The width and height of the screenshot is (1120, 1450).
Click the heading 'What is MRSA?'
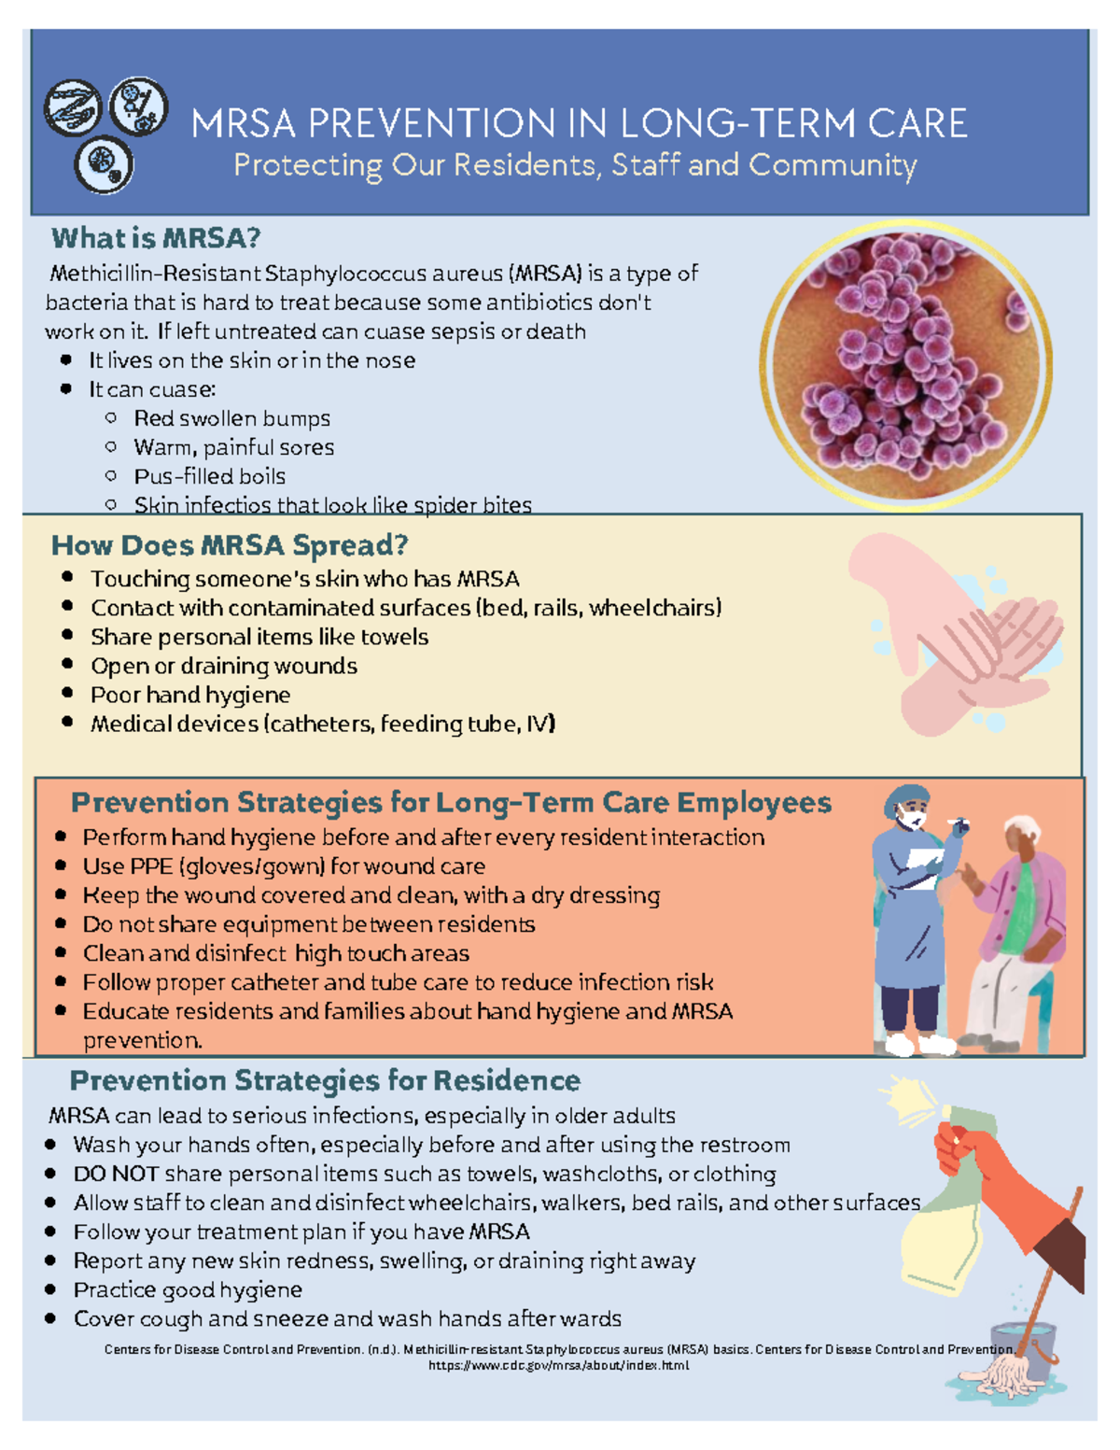156,238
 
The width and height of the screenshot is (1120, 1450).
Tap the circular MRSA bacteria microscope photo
905,365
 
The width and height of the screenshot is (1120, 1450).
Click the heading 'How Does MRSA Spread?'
230,545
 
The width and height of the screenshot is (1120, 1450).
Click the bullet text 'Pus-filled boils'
210,476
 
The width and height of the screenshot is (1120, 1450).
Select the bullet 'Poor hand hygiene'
190,695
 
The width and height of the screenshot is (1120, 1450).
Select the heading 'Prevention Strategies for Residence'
325,1080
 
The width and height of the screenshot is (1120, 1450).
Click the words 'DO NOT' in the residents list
116,1174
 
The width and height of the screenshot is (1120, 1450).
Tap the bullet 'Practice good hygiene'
188,1289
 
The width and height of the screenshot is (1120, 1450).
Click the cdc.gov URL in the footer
558,1365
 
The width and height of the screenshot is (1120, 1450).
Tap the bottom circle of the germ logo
104,164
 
